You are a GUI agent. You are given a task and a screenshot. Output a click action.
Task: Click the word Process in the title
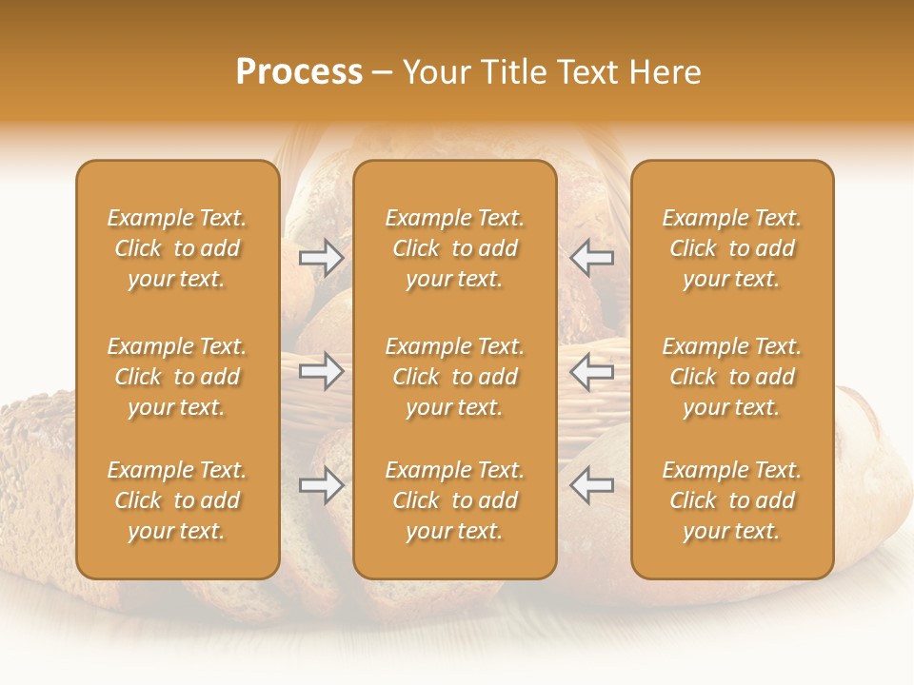point(299,72)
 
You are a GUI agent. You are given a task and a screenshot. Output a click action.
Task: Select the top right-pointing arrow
point(322,257)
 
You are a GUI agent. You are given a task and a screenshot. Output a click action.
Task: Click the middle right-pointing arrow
point(322,371)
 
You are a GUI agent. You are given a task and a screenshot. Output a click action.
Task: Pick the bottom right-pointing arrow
point(322,485)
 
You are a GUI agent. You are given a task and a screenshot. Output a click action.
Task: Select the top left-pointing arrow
point(592,257)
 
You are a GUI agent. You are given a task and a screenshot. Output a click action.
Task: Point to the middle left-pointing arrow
point(592,371)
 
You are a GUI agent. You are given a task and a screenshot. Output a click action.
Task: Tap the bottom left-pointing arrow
point(592,485)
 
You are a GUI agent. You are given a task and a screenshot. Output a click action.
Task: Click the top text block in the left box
point(177,248)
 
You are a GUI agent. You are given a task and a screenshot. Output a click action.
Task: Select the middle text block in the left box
point(177,377)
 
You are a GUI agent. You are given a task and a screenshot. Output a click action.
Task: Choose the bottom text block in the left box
point(177,500)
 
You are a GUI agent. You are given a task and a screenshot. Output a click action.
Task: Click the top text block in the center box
point(455,248)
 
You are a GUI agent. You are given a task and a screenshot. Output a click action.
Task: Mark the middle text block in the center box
point(455,377)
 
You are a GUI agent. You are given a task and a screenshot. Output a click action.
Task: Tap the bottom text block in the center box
point(455,500)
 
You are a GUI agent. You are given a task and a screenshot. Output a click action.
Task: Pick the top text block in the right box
point(732,248)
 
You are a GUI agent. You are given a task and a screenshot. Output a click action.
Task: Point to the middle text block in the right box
point(732,377)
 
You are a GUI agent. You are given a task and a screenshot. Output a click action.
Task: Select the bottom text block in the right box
point(732,500)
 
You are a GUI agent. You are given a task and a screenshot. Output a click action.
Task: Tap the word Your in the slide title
point(433,72)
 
